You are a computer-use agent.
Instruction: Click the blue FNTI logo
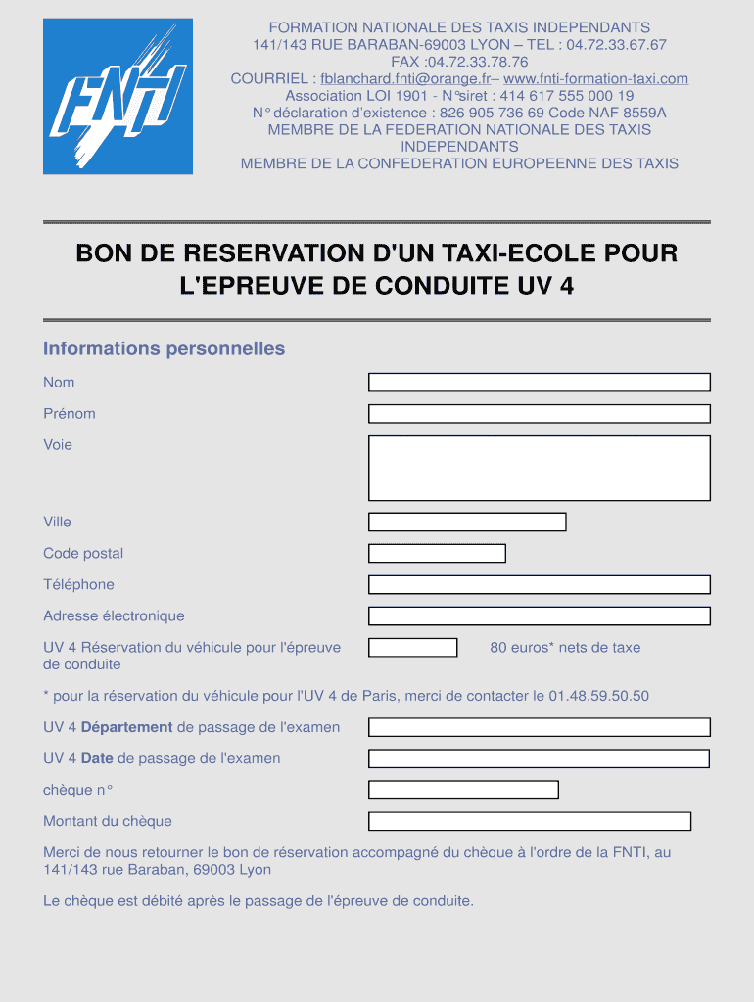click(x=118, y=96)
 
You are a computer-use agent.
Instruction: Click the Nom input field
click(x=539, y=383)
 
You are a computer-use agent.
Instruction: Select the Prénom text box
click(x=539, y=414)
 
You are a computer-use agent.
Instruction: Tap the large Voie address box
click(x=539, y=468)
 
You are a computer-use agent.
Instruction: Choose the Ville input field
click(x=467, y=522)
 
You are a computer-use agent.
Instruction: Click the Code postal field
click(x=437, y=553)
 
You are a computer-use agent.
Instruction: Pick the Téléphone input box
click(x=539, y=584)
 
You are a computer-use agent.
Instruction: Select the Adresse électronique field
click(x=539, y=615)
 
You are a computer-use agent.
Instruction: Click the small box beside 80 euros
click(x=412, y=647)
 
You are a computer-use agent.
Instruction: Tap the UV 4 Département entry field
click(x=539, y=727)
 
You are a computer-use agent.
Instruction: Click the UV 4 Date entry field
click(x=539, y=758)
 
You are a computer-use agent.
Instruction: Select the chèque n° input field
click(x=463, y=790)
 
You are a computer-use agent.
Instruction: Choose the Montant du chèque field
click(x=530, y=821)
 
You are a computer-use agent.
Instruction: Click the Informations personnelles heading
click(x=164, y=349)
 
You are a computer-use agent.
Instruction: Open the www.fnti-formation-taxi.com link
click(x=595, y=79)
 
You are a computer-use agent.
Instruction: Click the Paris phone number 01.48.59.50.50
click(x=598, y=696)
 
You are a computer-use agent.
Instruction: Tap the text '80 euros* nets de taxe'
click(x=565, y=647)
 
